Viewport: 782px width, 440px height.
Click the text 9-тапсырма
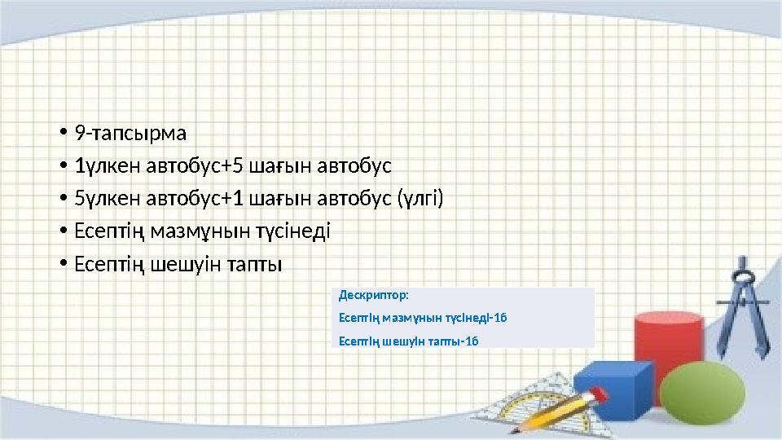(x=130, y=132)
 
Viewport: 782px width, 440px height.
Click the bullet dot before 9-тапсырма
(x=62, y=133)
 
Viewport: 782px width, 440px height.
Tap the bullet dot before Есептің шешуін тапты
(x=62, y=266)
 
